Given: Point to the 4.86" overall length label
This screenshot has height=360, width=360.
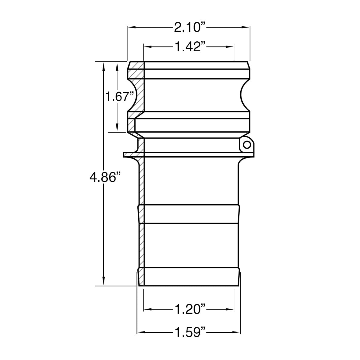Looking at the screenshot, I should click(103, 177).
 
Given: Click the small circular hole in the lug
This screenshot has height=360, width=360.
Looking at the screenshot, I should click(247, 145).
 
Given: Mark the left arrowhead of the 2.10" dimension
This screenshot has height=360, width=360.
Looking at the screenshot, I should click(131, 27).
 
